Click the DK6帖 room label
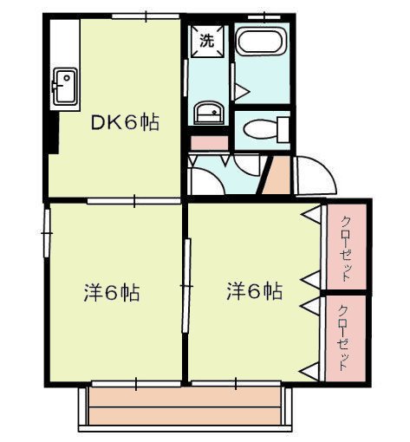[125, 122]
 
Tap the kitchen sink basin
[65, 87]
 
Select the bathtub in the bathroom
[262, 41]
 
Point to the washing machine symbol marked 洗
[207, 42]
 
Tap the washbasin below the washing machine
[209, 113]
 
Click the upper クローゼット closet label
[346, 249]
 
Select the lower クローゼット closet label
[344, 338]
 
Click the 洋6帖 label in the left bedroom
[112, 293]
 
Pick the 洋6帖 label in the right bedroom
[255, 291]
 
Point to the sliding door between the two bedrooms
[186, 286]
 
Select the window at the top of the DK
[146, 16]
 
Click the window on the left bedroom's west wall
[47, 233]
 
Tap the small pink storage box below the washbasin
[210, 143]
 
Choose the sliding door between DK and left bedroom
[134, 201]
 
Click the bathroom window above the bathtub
[264, 17]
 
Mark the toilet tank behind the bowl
[283, 130]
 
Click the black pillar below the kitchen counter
[53, 133]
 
